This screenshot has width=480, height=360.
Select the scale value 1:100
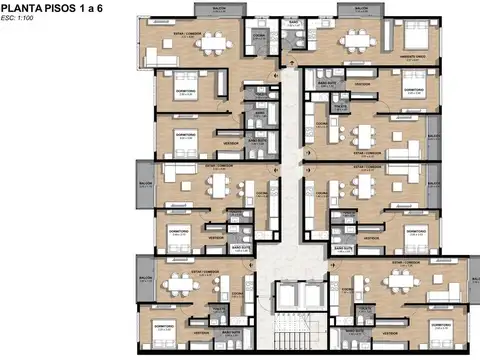coord(26,20)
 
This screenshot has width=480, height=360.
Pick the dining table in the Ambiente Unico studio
coord(357,41)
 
